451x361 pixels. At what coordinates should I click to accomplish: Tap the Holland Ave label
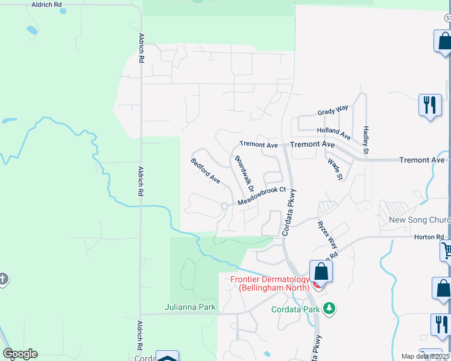pyautogui.click(x=333, y=131)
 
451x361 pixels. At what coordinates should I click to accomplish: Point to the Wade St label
pyautogui.click(x=335, y=169)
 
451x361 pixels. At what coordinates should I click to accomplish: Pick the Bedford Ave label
pyautogui.click(x=205, y=170)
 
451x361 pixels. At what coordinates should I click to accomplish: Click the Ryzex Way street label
pyautogui.click(x=327, y=235)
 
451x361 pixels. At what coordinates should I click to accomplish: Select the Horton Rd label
pyautogui.click(x=429, y=237)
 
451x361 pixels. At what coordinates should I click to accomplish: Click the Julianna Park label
pyautogui.click(x=190, y=307)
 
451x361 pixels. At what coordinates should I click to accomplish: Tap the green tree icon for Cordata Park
pyautogui.click(x=329, y=309)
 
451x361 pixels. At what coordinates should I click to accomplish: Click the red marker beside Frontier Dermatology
pyautogui.click(x=316, y=285)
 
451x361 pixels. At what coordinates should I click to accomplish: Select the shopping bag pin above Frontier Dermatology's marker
pyautogui.click(x=321, y=273)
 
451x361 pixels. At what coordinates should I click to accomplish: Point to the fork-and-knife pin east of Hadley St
pyautogui.click(x=430, y=106)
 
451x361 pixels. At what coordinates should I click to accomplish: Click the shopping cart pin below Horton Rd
pyautogui.click(x=447, y=250)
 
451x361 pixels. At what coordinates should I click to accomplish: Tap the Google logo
pyautogui.click(x=20, y=354)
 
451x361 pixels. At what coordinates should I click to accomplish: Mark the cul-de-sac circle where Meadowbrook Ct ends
pyautogui.click(x=224, y=206)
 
